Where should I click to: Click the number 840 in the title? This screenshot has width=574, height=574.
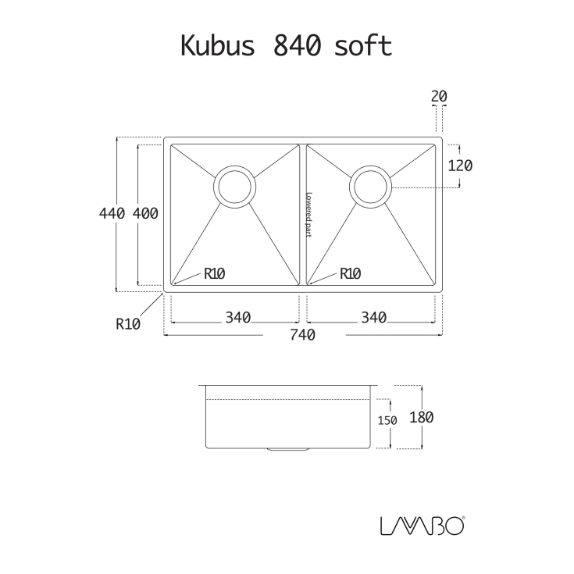(297, 46)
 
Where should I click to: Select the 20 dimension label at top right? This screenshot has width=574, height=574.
(439, 96)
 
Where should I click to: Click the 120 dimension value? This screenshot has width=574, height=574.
(461, 166)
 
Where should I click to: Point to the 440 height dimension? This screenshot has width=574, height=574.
(112, 213)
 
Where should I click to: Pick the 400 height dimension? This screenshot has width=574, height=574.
(146, 213)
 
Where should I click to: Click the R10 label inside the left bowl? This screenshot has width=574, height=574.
(214, 273)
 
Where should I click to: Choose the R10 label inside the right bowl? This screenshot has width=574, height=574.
(350, 273)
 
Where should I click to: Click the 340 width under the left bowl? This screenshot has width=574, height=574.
(237, 318)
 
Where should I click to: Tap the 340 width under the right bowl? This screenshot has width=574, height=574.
(374, 318)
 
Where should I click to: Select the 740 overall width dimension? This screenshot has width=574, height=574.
(303, 335)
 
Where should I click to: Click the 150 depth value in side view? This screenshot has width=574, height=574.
(387, 420)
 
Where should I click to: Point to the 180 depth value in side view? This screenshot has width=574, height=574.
(421, 417)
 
